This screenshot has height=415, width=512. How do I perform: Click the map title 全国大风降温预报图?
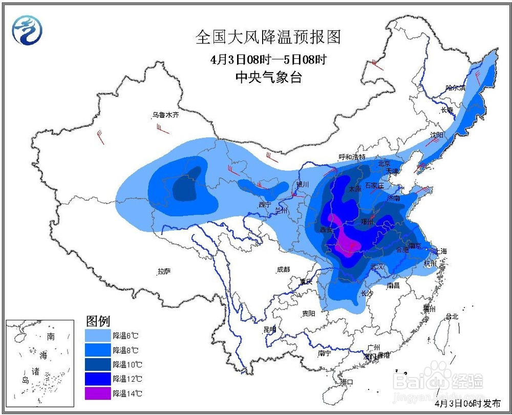point(268,37)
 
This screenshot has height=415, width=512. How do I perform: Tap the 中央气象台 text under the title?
point(268,77)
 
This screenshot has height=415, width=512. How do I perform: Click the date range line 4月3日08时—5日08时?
point(268,59)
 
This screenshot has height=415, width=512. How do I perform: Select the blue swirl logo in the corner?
point(27,30)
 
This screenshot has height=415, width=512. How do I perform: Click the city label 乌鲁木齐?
point(165,116)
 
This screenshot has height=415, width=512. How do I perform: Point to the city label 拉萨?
point(164,272)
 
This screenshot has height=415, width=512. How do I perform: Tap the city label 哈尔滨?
point(455,88)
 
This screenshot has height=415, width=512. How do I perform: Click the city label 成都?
point(283,269)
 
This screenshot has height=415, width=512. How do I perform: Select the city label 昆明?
point(269,329)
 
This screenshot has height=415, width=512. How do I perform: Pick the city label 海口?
point(347,382)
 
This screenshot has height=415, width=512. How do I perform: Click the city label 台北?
point(452,316)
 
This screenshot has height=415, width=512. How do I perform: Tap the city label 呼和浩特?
point(352,157)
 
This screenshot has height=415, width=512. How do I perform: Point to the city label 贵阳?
point(308,313)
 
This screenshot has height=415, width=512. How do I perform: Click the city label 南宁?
point(325,353)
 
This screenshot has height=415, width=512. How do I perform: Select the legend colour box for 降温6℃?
point(97,336)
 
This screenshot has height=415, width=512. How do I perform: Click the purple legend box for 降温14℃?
point(97,393)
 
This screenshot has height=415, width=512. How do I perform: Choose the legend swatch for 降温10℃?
point(97,364)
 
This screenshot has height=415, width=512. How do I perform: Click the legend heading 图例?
point(97,321)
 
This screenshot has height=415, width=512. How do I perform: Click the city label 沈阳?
point(437,135)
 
